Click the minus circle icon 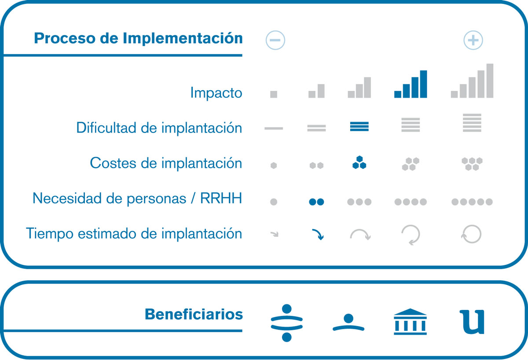pyautogui.click(x=275, y=40)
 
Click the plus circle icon pyautogui.click(x=473, y=40)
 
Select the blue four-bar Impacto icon pyautogui.click(x=411, y=84)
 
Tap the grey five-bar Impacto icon pyautogui.click(x=472, y=81)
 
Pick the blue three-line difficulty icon pyautogui.click(x=359, y=126)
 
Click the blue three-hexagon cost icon pyautogui.click(x=359, y=162)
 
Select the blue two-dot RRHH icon pyautogui.click(x=316, y=202)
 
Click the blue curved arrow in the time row pyautogui.click(x=318, y=234)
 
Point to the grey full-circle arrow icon pyautogui.click(x=471, y=234)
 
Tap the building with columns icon pyautogui.click(x=410, y=322)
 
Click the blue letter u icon pyautogui.click(x=472, y=322)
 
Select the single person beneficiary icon pyautogui.click(x=348, y=323)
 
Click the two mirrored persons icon pyautogui.click(x=286, y=323)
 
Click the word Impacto pyautogui.click(x=216, y=93)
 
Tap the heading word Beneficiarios pyautogui.click(x=194, y=314)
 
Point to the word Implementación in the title pyautogui.click(x=183, y=38)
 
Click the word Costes pyautogui.click(x=113, y=163)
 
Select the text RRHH pyautogui.click(x=221, y=198)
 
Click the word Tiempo pyautogui.click(x=49, y=234)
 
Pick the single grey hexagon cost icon pyautogui.click(x=273, y=165)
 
